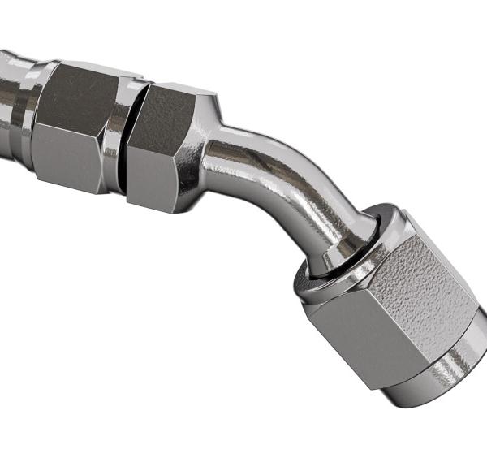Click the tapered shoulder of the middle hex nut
point(209,122)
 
